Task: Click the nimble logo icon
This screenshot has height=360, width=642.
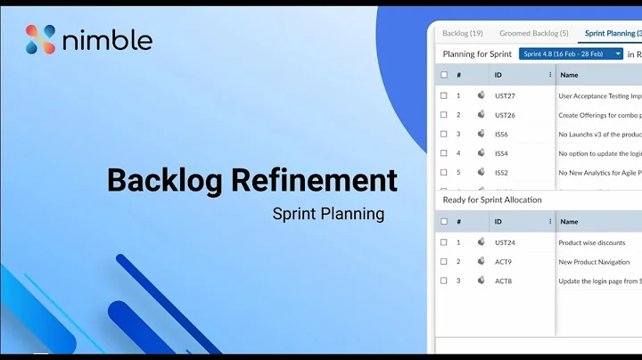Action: click(41, 39)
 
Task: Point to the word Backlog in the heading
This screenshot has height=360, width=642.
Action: click(164, 180)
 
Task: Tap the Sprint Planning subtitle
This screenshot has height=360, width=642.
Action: click(328, 214)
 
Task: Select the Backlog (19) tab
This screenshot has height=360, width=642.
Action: click(463, 33)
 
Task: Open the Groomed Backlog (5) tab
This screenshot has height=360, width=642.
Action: click(534, 33)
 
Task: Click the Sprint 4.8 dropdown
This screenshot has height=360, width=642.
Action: click(571, 54)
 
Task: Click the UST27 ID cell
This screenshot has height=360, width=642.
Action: click(505, 95)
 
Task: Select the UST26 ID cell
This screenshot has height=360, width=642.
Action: click(505, 115)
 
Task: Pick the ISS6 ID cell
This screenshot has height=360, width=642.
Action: click(502, 135)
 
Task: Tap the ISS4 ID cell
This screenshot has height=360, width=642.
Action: click(502, 153)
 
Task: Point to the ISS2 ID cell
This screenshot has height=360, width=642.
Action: click(502, 173)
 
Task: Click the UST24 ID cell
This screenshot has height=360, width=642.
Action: click(505, 242)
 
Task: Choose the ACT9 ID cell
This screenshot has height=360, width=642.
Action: click(503, 262)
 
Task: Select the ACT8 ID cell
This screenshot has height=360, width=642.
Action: click(503, 281)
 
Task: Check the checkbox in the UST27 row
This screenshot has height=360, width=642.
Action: click(444, 95)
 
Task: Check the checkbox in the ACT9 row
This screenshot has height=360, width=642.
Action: click(444, 262)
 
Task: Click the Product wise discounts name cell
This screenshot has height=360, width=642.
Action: click(592, 242)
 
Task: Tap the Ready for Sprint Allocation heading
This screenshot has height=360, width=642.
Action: click(492, 200)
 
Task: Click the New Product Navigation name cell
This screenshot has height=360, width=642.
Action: click(595, 262)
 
